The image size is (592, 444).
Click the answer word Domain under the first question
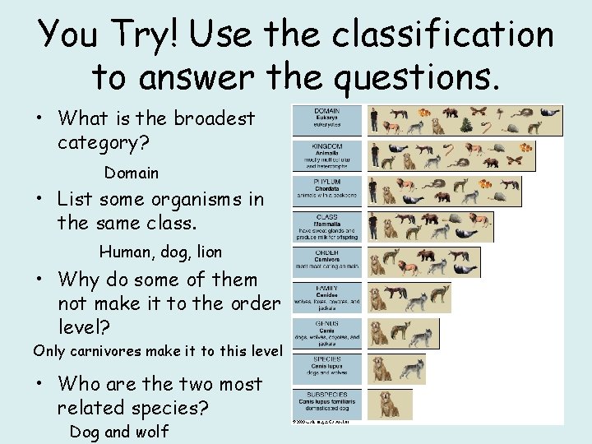(131, 173)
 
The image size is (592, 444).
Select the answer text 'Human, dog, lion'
(160, 252)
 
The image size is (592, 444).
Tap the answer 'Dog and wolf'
(118, 432)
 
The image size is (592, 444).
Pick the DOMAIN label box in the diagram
(326, 120)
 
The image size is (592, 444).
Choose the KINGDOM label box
(326, 155)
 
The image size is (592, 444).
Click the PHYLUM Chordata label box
(326, 192)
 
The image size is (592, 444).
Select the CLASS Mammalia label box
(326, 227)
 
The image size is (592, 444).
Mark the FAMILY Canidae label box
(326, 298)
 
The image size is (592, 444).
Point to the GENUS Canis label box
(326, 334)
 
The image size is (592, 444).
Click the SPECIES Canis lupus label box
(326, 369)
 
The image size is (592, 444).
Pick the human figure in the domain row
(374, 120)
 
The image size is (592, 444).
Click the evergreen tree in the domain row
(465, 125)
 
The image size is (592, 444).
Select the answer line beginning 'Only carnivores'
(157, 350)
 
